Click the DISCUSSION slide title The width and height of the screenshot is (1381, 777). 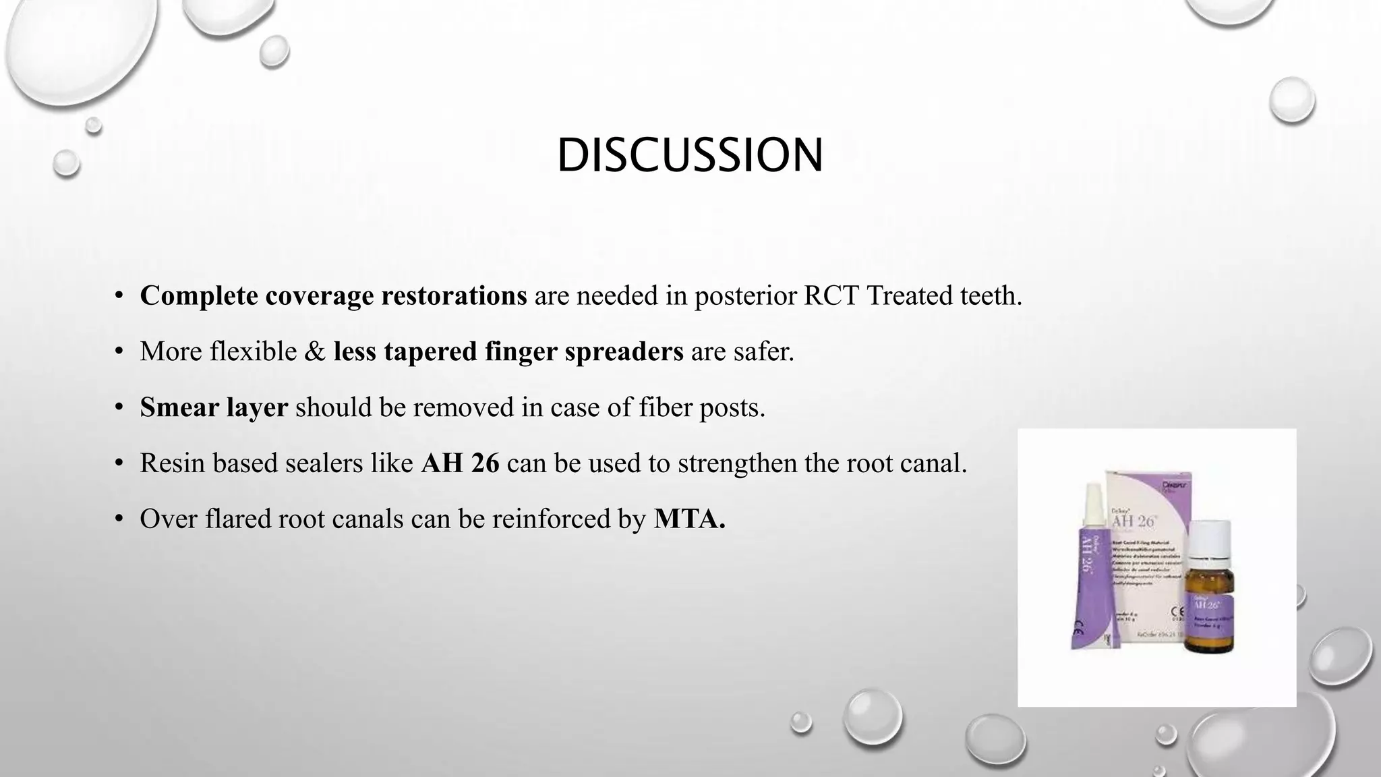click(689, 155)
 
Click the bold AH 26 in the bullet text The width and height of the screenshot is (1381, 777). click(460, 463)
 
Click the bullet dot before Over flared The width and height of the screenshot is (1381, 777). click(119, 519)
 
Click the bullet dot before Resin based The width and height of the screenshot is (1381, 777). click(119, 463)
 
